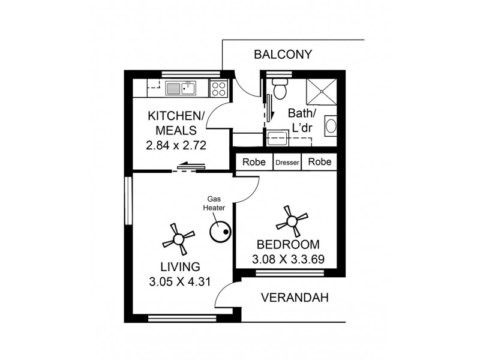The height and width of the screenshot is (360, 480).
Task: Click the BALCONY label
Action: pos(283,55)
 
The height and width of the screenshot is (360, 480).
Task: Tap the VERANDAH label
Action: pos(295,298)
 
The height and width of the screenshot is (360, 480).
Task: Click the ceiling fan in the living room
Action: pos(179,239)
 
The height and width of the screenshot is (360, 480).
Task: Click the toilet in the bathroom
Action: pos(280,89)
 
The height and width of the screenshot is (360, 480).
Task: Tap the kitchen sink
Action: pos(181,89)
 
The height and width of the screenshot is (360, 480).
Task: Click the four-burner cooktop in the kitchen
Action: pos(218,89)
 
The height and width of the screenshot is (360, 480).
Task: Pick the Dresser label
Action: pos(287,163)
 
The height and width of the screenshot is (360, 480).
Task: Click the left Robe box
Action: pos(255,162)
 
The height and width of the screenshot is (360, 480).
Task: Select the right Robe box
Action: pos(319,162)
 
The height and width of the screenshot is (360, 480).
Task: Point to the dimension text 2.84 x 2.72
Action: pos(176,145)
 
